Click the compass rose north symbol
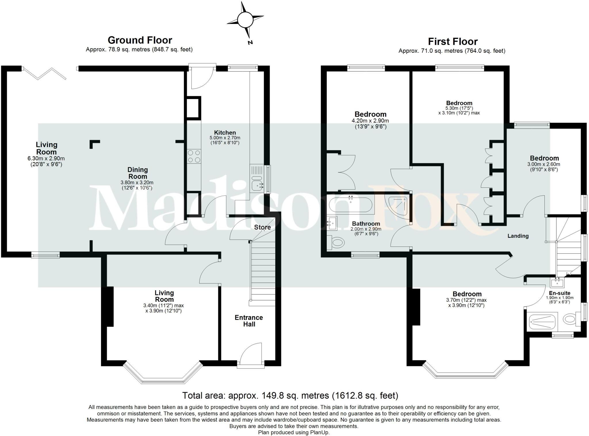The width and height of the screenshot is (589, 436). click(x=245, y=20)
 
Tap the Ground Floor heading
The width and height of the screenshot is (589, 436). click(x=140, y=40)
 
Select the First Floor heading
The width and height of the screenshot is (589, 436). click(x=453, y=41)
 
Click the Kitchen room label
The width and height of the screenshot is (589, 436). click(x=225, y=132)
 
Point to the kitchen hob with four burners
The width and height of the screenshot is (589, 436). click(x=194, y=156)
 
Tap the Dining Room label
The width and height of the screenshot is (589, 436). click(x=137, y=173)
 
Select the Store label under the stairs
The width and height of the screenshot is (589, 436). click(x=262, y=227)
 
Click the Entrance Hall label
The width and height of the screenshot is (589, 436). click(x=249, y=321)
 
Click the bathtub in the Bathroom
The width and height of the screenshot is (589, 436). click(x=351, y=204)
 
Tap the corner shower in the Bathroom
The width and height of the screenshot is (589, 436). click(x=398, y=205)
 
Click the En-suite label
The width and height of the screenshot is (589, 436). click(x=559, y=293)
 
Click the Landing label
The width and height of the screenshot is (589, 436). click(x=518, y=236)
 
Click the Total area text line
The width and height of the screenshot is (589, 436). click(x=290, y=395)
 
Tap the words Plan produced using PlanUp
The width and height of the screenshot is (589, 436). click(x=294, y=432)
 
